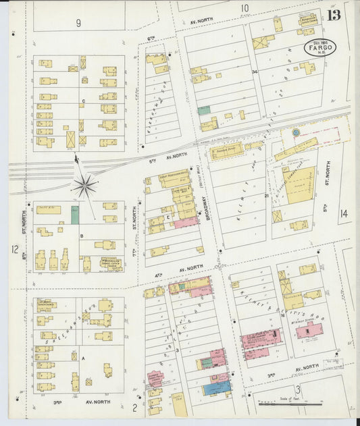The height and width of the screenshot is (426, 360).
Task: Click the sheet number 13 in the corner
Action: point(333,16)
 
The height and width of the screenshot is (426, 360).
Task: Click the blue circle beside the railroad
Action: point(294,133)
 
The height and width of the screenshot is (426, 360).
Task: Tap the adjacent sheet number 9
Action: point(78,23)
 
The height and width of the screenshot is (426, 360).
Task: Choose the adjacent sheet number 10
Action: point(245,9)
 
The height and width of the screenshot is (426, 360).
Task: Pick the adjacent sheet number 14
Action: point(343,214)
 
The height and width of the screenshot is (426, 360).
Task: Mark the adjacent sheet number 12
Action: point(14,249)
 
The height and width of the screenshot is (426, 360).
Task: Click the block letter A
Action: point(83,359)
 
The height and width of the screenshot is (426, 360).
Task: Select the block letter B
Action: point(82,236)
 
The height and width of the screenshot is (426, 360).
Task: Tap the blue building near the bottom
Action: point(217,388)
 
